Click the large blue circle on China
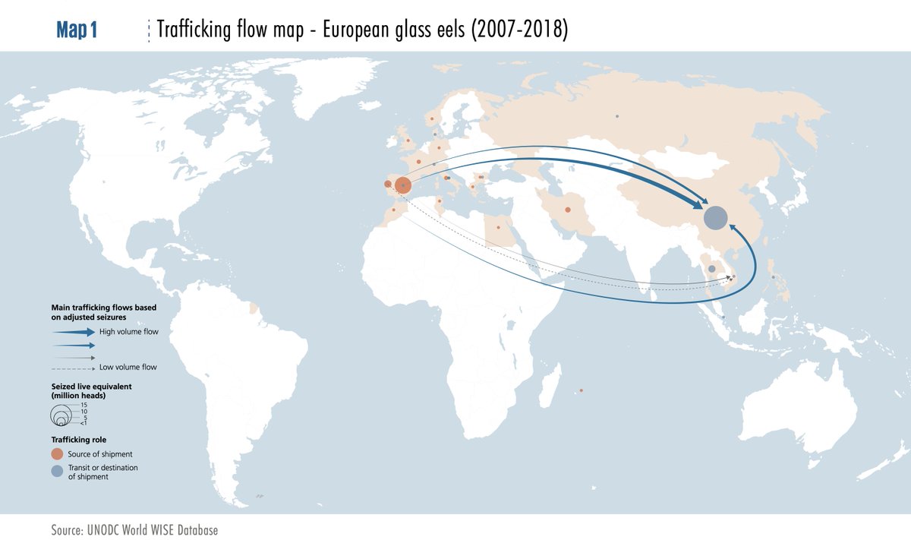pyautogui.click(x=715, y=218)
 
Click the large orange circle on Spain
pyautogui.click(x=403, y=185)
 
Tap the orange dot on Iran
pyautogui.click(x=567, y=210)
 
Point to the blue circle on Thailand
pyautogui.click(x=711, y=269)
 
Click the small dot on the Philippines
pyautogui.click(x=773, y=278)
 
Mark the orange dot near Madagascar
pyautogui.click(x=581, y=390)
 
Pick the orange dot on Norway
pyautogui.click(x=432, y=118)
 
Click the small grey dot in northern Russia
pyautogui.click(x=617, y=116)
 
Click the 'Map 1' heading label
pyautogui.click(x=77, y=30)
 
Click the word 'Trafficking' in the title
pyautogui.click(x=186, y=30)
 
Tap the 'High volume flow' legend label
pyautogui.click(x=128, y=332)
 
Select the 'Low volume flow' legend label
pyautogui.click(x=128, y=367)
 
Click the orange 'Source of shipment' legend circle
pyautogui.click(x=58, y=453)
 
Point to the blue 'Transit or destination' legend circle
pyautogui.click(x=58, y=472)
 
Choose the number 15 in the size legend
pyautogui.click(x=84, y=405)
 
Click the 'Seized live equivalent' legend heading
pyautogui.click(x=92, y=386)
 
